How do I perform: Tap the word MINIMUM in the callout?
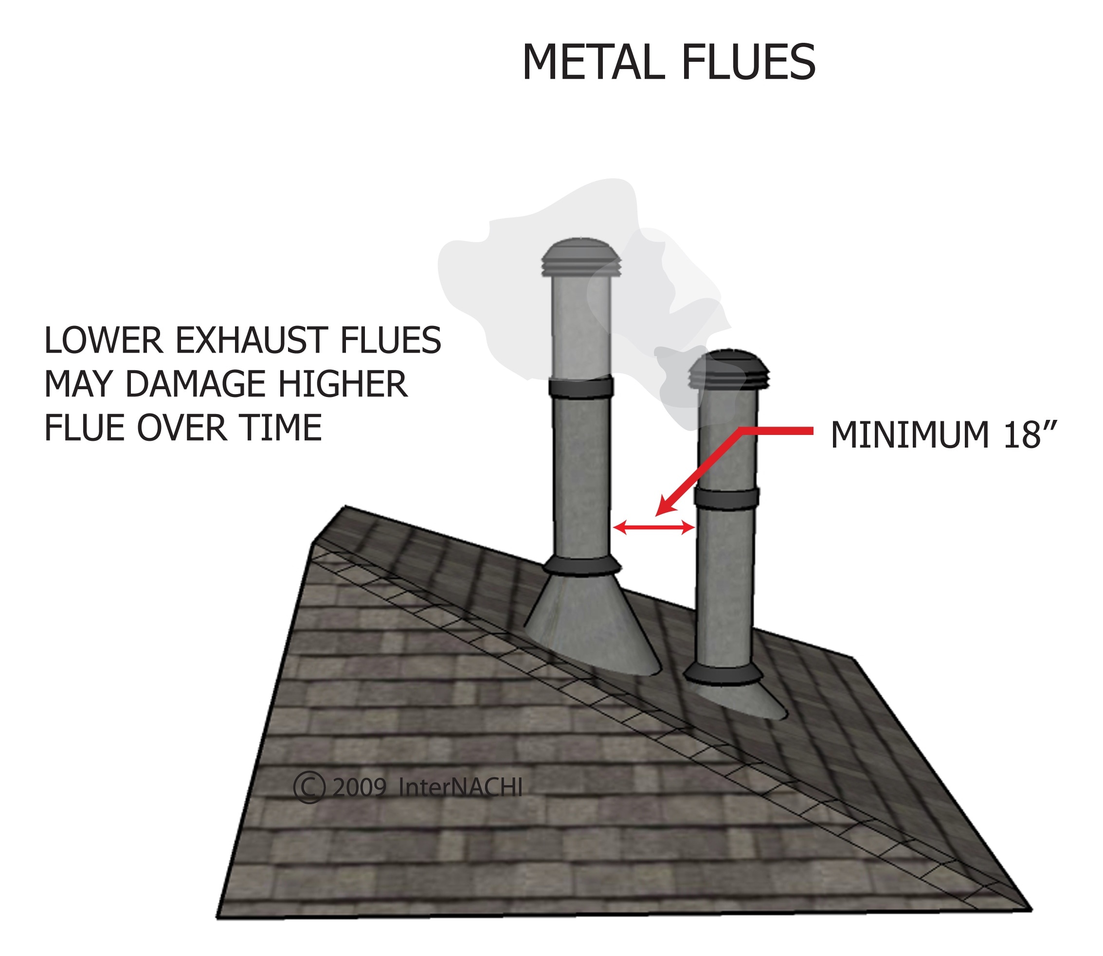(909, 435)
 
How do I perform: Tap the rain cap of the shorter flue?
(728, 369)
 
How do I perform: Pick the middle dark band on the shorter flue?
(726, 498)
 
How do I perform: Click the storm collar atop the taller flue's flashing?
(581, 566)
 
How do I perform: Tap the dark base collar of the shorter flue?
(723, 674)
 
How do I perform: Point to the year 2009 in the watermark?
(359, 788)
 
